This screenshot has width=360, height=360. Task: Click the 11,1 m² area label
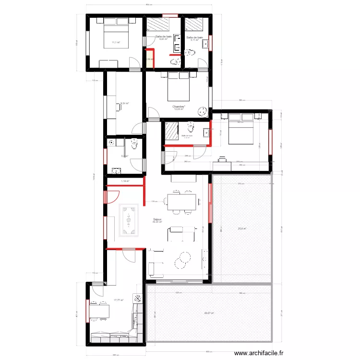coord(116,43)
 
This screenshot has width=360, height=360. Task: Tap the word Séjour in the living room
coord(157,219)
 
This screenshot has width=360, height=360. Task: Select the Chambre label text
coord(179,107)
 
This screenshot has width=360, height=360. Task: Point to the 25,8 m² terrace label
coord(242,228)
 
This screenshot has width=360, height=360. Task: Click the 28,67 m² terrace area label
coord(209,313)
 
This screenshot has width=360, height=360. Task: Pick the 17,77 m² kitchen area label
coord(118,300)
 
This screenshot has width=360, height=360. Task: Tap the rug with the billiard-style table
coord(129,220)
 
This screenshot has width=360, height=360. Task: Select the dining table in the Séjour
coord(181,202)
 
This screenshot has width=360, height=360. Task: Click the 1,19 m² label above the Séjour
coord(125,181)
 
